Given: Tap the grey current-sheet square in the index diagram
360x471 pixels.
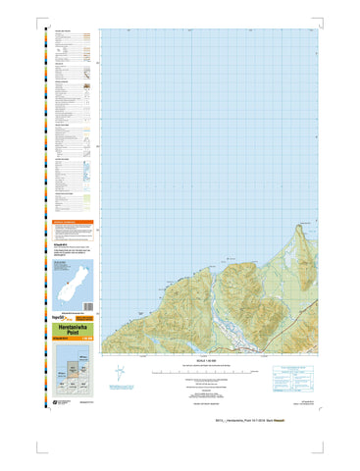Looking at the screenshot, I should coord(76,368).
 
